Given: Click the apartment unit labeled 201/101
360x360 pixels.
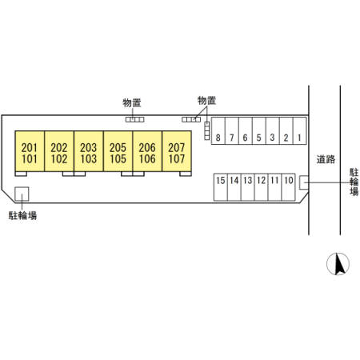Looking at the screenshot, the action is pos(30,151).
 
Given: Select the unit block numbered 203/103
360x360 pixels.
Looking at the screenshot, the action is pos(89,151).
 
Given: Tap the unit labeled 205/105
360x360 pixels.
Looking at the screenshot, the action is pos(118,151).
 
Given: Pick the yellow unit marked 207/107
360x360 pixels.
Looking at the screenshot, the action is pos(177,151).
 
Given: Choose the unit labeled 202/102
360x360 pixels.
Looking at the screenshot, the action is pos(59,151).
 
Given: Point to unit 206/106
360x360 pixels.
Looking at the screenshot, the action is pos(147,151).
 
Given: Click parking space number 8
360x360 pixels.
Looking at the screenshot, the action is pos(218,131).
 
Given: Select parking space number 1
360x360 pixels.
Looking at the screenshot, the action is pos(299,131).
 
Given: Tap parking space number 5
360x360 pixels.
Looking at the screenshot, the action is pos(259,131).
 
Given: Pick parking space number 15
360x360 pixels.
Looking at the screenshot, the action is pos(221,187).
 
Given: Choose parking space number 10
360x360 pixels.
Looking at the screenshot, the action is pos(288,187).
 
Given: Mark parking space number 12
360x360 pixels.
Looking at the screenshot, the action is pos(261,187).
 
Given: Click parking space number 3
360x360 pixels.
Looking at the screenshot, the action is pos(273,131).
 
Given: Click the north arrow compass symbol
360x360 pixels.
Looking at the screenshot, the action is pos(338,264).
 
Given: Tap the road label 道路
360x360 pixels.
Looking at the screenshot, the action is pos(326,159).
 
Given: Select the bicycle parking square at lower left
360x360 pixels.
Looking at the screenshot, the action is pos(22,194).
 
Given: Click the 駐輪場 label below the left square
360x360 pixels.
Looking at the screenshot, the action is pos(22,215).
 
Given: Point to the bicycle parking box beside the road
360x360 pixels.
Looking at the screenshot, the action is pos(304,182).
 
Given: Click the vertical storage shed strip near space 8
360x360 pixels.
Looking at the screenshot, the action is pos(207,130).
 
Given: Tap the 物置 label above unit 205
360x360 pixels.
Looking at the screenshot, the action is pos(132,102).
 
